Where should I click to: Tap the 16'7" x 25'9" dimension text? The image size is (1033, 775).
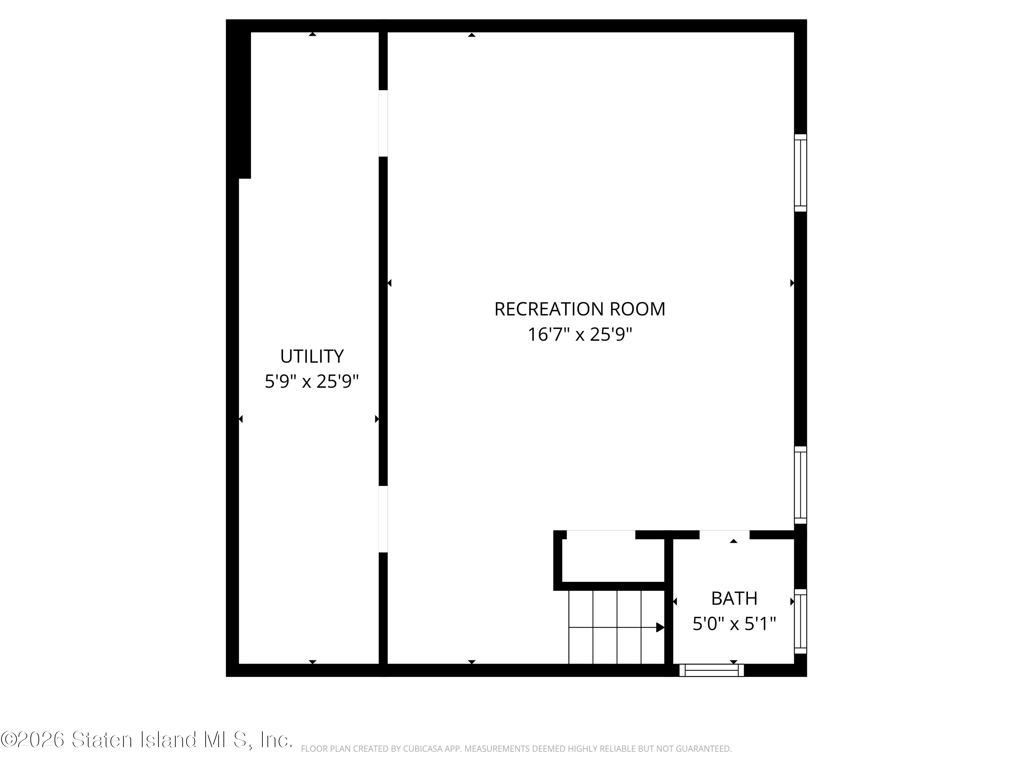580,334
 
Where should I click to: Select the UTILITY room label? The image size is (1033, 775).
312,356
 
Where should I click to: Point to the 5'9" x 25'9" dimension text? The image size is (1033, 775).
312,382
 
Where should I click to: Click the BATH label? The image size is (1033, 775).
734,598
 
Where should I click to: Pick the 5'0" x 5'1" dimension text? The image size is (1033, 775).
734,624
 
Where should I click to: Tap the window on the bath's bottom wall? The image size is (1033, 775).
712,670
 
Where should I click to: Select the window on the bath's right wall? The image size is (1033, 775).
801,621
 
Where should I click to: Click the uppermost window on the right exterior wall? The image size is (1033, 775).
801,173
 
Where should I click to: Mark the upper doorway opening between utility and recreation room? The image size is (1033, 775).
383,123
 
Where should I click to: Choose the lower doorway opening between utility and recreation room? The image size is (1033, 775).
383,519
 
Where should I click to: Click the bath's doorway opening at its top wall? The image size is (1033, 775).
724,535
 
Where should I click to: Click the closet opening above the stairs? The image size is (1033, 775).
601,535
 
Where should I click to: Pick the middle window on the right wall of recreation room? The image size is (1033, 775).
801,485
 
